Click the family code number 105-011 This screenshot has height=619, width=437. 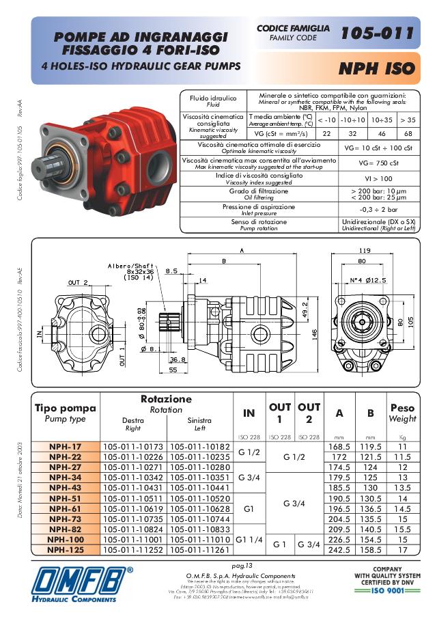377,33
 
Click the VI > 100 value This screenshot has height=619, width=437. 378,178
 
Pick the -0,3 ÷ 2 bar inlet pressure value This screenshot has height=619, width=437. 378,210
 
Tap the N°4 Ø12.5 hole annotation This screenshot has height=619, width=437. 370,280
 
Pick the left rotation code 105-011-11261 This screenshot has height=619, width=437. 199,549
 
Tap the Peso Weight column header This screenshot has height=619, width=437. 402,413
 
